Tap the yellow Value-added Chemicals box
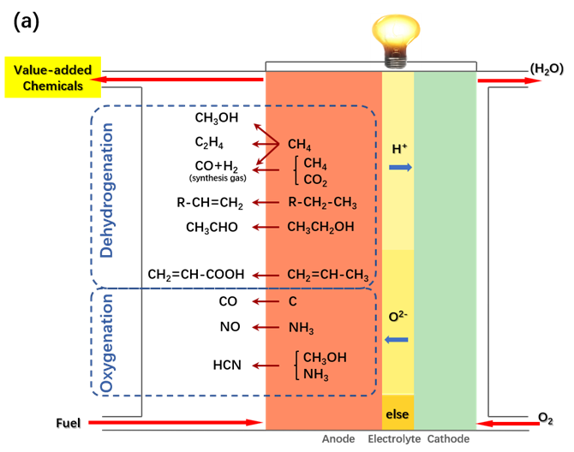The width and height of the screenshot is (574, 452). point(53,78)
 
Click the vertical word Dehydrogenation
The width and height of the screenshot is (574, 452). point(107,190)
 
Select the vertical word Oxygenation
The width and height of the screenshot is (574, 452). point(108,342)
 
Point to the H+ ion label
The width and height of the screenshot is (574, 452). point(399,149)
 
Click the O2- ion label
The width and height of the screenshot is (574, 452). point(398,317)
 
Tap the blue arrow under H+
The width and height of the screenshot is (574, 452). point(400,167)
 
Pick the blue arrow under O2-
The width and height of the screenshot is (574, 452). point(397,340)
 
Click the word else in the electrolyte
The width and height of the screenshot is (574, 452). point(398,415)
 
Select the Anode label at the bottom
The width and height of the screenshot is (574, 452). point(338,439)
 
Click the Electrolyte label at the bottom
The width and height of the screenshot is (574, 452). point(394,439)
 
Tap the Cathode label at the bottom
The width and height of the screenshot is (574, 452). point(448,439)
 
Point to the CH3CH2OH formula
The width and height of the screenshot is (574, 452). point(320,227)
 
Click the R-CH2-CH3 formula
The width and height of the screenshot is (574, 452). point(322,203)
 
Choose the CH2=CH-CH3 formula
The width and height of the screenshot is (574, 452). point(328,276)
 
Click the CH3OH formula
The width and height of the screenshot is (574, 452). point(325,358)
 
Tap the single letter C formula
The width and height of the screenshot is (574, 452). point(292,301)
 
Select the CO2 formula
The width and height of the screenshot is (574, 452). point(315,181)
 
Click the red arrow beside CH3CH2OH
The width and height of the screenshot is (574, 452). point(266,227)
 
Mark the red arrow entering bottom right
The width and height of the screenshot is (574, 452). point(509,423)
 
